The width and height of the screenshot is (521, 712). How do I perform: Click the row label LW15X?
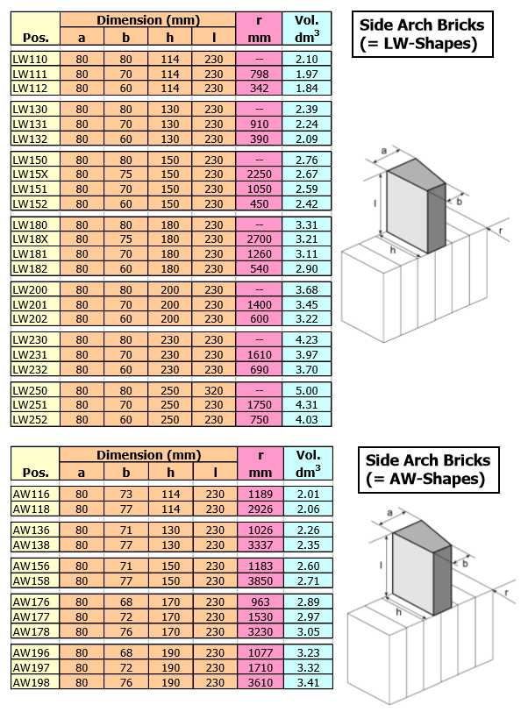point(30,174)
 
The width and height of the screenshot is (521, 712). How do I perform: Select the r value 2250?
point(259,174)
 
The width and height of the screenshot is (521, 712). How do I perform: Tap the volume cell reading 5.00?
point(307,390)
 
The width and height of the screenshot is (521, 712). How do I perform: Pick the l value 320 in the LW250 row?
point(213,390)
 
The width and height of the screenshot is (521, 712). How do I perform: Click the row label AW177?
point(31,616)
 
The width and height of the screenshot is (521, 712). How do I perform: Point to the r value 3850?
point(260,580)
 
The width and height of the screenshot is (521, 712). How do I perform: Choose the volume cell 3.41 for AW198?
point(309,682)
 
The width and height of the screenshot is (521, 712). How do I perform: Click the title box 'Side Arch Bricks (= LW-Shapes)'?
point(423,34)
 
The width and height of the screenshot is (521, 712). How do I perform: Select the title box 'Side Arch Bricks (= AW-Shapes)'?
point(428,469)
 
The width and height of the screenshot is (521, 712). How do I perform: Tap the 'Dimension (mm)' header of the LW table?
point(148,20)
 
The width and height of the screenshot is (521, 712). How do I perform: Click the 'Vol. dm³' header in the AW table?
point(308,464)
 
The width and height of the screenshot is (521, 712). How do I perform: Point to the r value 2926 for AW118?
point(260,509)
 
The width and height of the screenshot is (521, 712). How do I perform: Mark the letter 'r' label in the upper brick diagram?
point(501,231)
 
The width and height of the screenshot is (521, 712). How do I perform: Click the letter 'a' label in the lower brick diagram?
point(389,513)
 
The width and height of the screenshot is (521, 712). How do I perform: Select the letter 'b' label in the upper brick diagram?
point(459,202)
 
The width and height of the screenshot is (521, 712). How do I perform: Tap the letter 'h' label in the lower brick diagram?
point(398,612)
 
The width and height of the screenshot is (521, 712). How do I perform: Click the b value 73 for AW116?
point(125,494)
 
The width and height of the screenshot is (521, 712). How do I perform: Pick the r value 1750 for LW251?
point(259,405)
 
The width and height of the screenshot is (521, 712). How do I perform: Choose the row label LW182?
point(30,269)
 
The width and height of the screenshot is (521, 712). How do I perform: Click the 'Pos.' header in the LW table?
point(35,38)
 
